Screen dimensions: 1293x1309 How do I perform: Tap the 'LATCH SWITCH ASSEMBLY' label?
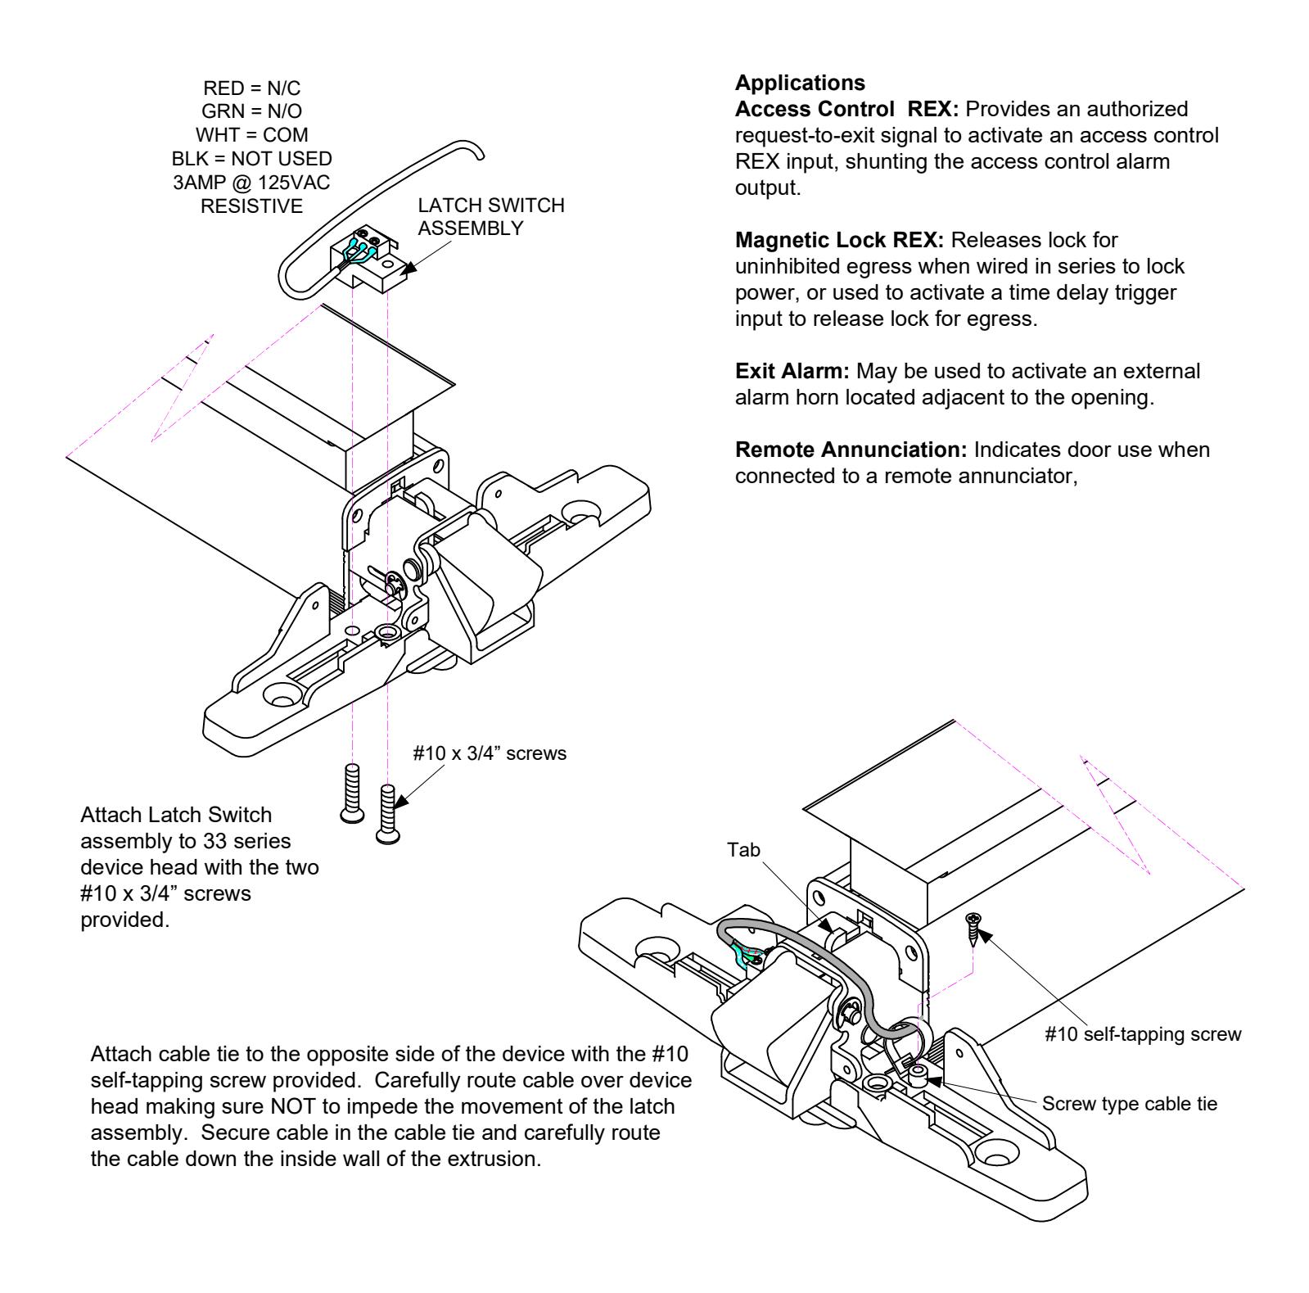[490, 216]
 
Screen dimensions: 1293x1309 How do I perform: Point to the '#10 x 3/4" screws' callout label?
[490, 753]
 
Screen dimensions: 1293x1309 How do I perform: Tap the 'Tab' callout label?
[743, 850]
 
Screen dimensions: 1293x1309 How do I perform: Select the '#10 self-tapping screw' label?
[1143, 1034]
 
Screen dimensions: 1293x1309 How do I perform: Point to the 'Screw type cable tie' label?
[1130, 1104]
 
